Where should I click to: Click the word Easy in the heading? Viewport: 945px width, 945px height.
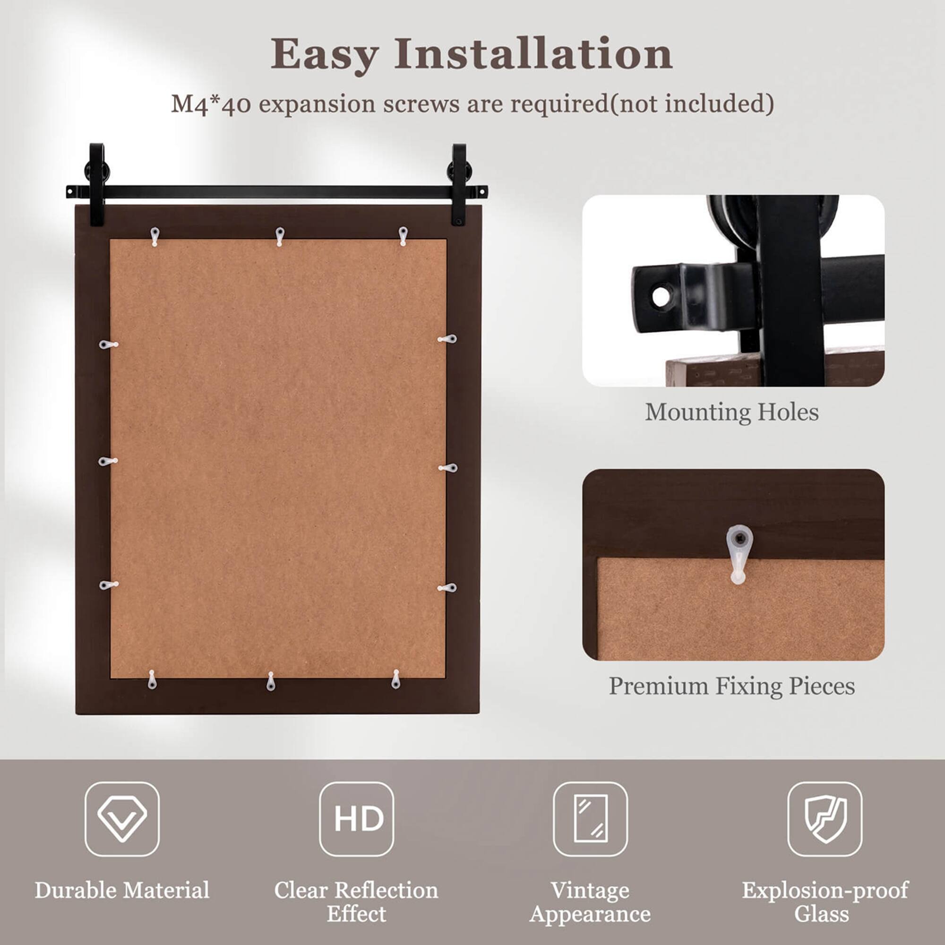324,55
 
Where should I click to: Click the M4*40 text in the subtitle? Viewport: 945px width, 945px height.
210,104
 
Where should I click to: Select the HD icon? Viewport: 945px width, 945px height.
357,820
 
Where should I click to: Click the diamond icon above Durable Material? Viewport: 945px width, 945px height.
122,820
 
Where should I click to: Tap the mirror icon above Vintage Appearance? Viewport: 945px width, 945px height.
590,820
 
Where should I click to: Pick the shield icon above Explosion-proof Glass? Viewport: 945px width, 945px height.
825,820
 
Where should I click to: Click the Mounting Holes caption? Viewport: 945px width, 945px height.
732,412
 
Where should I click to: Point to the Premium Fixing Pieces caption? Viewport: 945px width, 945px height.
732,686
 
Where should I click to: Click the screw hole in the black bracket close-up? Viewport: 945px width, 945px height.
661,296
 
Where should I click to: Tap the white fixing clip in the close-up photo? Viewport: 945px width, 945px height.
739,553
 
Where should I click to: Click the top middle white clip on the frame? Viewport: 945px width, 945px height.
280,236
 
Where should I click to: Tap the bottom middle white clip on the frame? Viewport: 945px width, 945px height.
271,681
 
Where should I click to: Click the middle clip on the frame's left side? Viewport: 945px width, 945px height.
108,461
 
